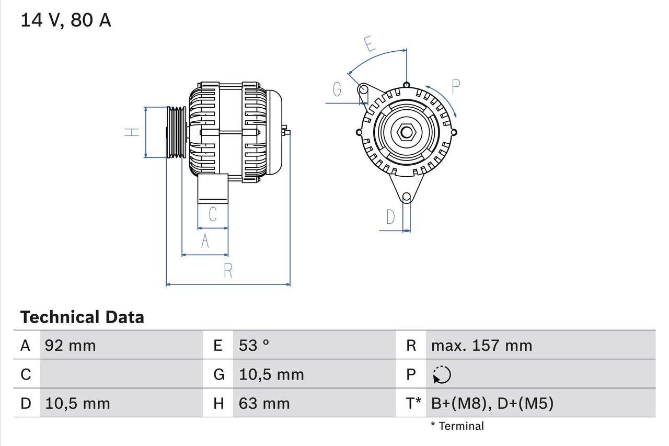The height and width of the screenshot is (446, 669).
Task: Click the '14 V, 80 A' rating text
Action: pos(66,20)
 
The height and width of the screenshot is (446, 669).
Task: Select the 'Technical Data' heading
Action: pos(82,317)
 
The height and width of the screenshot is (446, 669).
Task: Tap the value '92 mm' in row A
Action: pos(71,345)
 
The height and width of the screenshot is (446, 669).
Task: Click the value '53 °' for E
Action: pos(254,345)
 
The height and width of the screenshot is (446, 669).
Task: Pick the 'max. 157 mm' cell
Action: pos(481,345)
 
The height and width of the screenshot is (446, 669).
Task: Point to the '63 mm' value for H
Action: pos(264,403)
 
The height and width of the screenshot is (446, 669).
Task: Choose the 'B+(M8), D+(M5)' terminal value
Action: pos(492,403)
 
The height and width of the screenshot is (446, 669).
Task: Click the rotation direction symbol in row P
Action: pos(442,374)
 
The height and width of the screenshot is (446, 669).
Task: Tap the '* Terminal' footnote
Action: pos(457,426)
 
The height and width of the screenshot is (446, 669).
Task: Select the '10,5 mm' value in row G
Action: pos(271,374)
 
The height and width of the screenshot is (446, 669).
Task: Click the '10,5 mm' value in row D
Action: pos(77,403)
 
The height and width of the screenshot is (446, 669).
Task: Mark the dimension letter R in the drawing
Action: pos(228,271)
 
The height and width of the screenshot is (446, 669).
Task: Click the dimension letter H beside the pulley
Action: pos(133,132)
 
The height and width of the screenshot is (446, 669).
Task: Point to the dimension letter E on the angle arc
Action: pos(370,44)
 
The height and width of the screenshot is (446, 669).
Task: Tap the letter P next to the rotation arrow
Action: pos(456,87)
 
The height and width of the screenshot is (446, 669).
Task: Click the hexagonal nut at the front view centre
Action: pos(407,132)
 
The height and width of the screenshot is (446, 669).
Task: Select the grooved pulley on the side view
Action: pos(176,132)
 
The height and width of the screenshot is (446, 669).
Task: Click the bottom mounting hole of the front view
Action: pos(406,197)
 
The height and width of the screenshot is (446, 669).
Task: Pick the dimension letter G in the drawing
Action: pos(337,90)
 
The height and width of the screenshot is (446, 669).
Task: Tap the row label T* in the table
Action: pos(413,403)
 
